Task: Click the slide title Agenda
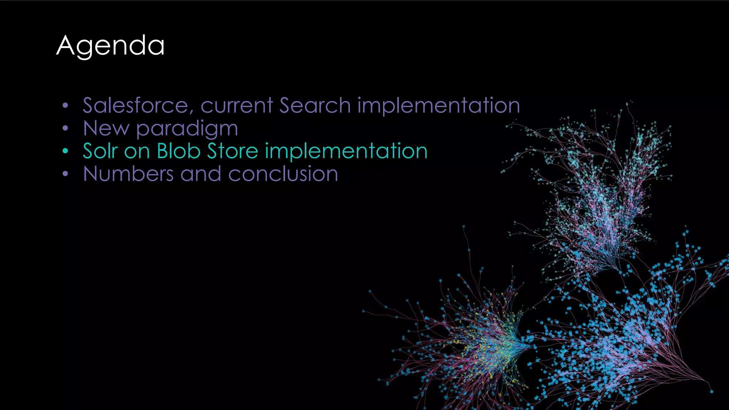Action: click(110, 46)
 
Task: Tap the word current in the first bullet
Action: click(237, 105)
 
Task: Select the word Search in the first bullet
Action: click(315, 105)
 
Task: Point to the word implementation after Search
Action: click(439, 105)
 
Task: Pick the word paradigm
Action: click(187, 129)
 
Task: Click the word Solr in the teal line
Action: click(100, 151)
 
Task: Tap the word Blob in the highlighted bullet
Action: click(179, 151)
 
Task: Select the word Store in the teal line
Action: click(232, 151)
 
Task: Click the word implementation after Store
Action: click(346, 151)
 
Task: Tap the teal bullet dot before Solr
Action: click(65, 151)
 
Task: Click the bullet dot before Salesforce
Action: click(65, 106)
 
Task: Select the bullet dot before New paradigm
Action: click(65, 128)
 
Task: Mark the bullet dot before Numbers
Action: click(65, 174)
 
